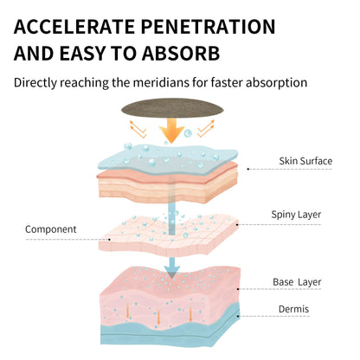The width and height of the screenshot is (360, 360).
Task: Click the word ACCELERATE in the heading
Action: click(74, 27)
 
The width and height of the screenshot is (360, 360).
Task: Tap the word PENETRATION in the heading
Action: click(209, 27)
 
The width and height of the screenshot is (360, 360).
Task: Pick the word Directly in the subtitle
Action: click(35, 83)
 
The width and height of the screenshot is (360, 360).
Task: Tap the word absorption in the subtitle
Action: click(276, 83)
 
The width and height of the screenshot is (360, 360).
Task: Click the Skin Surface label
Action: click(305, 161)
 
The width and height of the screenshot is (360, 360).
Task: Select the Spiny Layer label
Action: click(296, 215)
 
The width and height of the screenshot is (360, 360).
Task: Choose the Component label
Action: click(50, 229)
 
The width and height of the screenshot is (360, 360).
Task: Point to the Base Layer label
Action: click(297, 282)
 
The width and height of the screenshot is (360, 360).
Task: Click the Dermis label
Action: click(293, 309)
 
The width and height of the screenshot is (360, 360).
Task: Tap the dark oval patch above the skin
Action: click(172, 108)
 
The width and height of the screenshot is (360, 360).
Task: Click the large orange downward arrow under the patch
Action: click(171, 131)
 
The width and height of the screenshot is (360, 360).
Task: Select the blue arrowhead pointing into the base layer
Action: click(172, 272)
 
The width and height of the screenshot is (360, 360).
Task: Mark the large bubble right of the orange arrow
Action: click(188, 133)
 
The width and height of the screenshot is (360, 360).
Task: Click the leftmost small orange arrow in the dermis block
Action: click(127, 311)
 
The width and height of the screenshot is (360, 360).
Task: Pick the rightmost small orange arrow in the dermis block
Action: click(190, 314)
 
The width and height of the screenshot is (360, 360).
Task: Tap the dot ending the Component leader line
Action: click(109, 240)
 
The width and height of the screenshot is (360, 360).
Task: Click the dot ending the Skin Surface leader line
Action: click(247, 169)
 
